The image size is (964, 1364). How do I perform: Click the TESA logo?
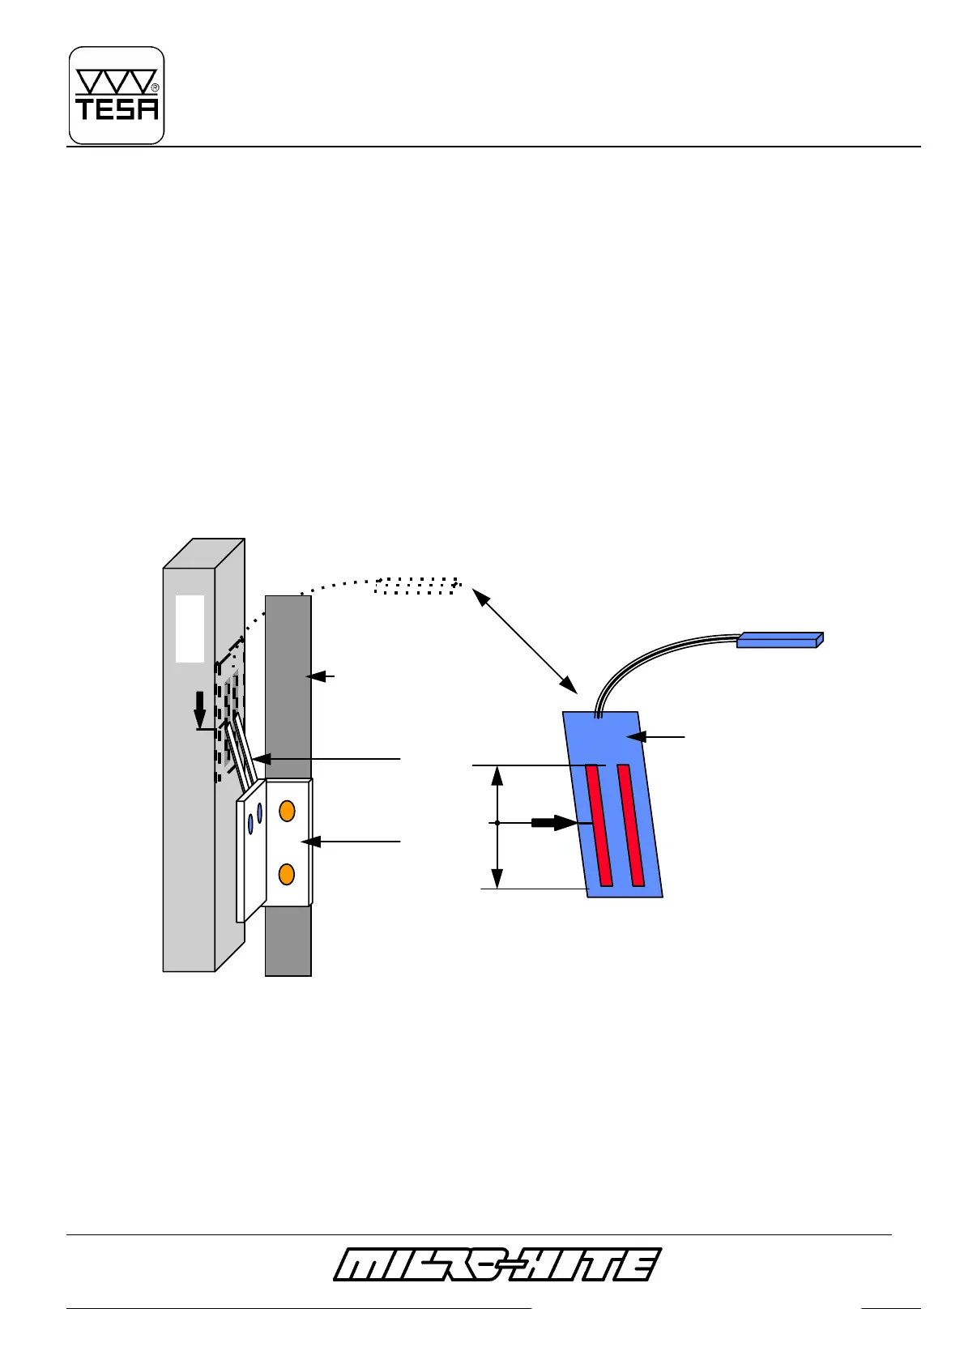(117, 96)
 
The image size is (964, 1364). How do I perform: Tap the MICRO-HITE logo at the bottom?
(496, 1264)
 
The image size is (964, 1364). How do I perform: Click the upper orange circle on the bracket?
(286, 811)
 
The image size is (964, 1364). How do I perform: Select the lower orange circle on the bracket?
(286, 874)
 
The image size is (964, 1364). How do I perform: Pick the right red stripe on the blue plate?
(631, 825)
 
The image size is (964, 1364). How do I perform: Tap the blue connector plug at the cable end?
(779, 640)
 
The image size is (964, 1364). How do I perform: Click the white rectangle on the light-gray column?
(190, 629)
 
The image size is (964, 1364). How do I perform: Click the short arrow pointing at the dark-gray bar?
(323, 675)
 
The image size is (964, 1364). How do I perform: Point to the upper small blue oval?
(259, 811)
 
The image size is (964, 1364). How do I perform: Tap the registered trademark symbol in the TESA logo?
(155, 87)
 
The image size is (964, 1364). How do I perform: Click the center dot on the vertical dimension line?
(497, 823)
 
